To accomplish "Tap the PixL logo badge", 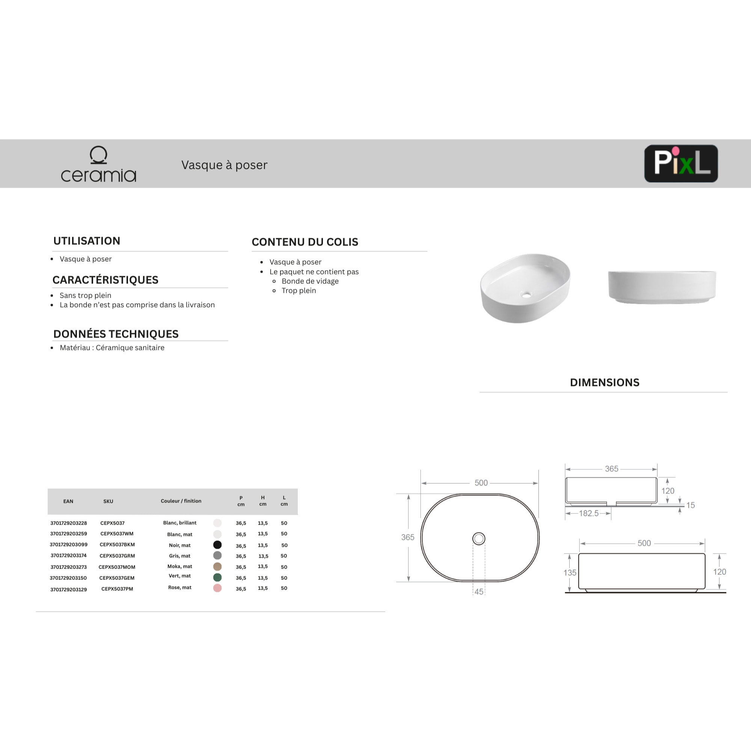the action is tap(681, 163).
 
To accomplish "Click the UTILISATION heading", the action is tap(87, 241).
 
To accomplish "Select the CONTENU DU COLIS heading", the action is tap(305, 242).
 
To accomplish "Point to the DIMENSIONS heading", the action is tap(605, 383).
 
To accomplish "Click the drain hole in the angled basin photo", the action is tap(526, 295).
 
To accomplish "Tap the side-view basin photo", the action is tap(662, 287).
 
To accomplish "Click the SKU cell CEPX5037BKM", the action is tap(117, 544).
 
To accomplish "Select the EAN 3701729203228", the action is tap(68, 523).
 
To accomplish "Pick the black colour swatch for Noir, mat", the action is tap(217, 545).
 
